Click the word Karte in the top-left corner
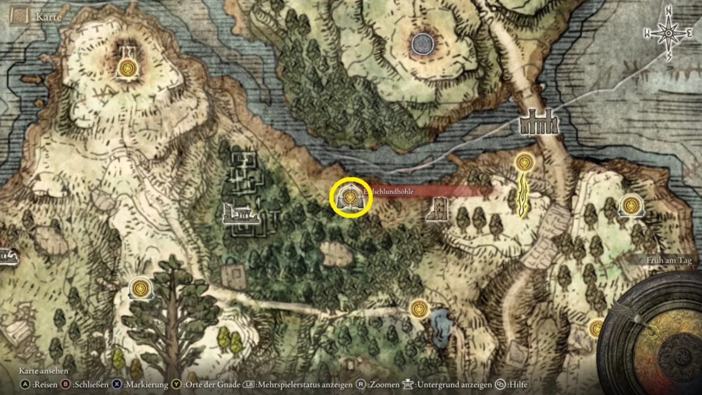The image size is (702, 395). coord(48,17)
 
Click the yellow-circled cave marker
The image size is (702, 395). coord(351,198)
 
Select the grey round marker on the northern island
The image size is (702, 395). coord(422,44)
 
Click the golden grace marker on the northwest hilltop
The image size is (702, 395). coord(127,68)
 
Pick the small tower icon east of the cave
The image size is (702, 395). coord(438,209)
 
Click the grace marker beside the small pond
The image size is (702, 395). coord(419,309)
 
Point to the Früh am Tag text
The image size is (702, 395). coord(669,260)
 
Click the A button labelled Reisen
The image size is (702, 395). coord(25,384)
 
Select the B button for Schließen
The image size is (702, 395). coord(66,384)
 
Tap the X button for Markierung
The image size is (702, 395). coord(117,384)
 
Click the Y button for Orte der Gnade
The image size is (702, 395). coord(177,384)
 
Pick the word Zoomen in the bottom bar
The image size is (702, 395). coord(385,384)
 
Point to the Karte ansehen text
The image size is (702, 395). coord(44,371)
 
